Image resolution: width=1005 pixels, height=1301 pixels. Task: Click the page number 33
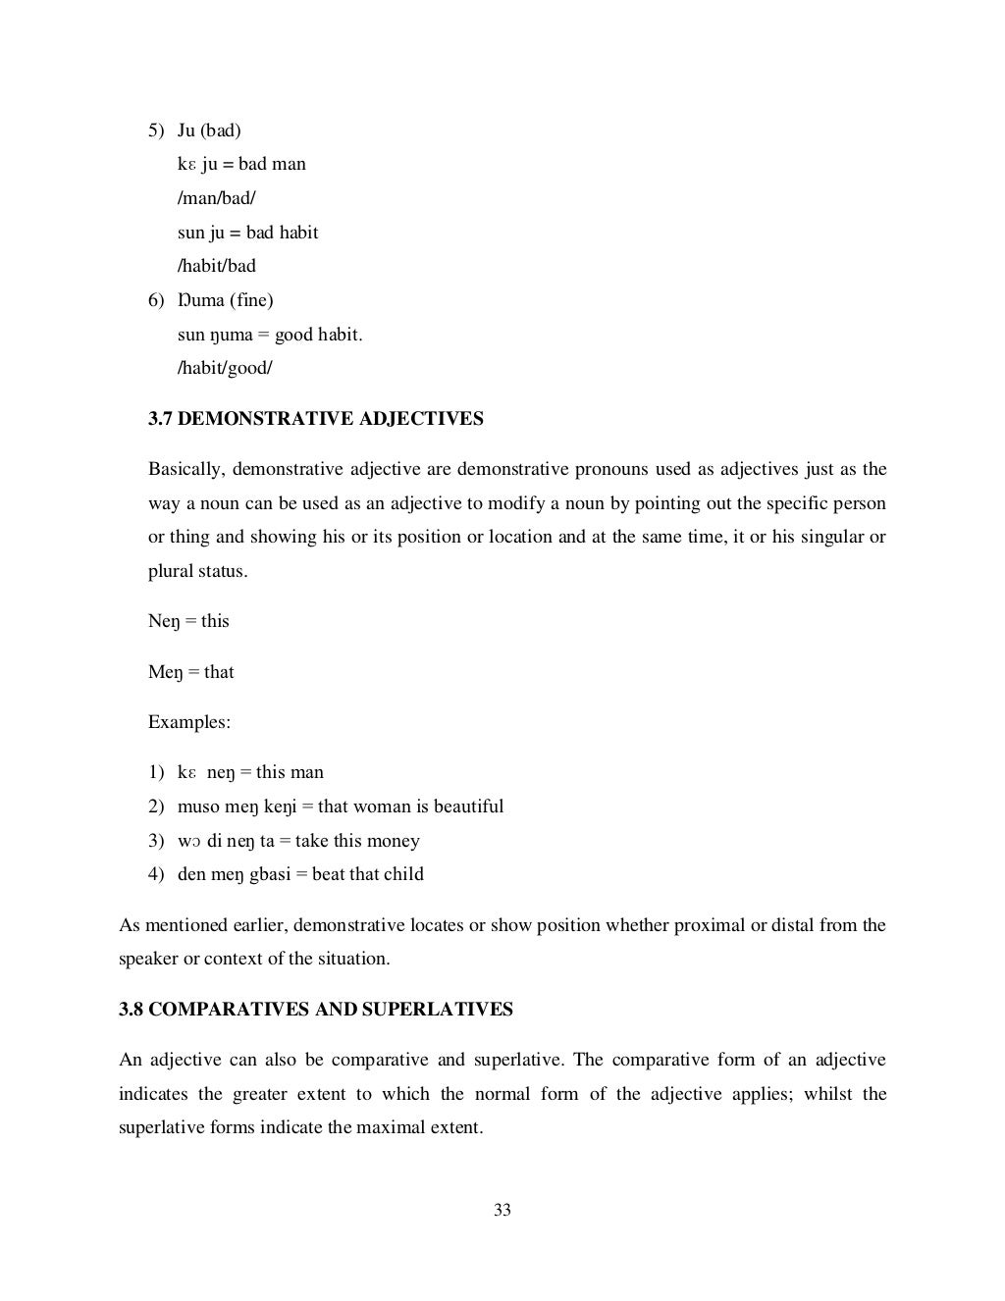click(x=502, y=1210)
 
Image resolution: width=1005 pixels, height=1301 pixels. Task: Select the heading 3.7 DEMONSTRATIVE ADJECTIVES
click(x=315, y=419)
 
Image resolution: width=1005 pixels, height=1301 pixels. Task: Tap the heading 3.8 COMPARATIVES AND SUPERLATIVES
click(x=315, y=1009)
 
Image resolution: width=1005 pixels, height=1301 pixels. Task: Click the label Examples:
click(x=189, y=722)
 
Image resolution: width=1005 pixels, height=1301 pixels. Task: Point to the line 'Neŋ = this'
click(x=188, y=621)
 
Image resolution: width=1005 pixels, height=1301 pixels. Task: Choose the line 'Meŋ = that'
click(x=190, y=672)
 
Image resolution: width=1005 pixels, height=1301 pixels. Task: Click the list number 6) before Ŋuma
click(x=156, y=300)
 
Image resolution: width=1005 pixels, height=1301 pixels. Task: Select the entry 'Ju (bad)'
click(x=209, y=130)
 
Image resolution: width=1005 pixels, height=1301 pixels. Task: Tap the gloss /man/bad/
click(x=216, y=197)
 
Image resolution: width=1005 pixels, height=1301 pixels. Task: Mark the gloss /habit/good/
click(x=225, y=368)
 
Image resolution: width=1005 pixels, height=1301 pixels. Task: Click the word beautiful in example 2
click(x=468, y=807)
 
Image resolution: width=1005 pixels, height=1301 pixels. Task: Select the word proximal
click(x=709, y=925)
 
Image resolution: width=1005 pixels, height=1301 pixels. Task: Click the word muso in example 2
click(x=198, y=807)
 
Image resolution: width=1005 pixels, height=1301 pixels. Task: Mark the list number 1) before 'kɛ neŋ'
click(x=156, y=772)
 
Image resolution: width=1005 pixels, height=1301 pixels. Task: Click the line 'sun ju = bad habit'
click(x=247, y=233)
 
